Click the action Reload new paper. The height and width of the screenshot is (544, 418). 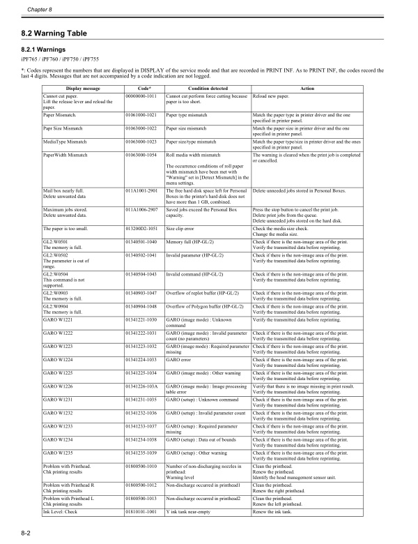point(273,96)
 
